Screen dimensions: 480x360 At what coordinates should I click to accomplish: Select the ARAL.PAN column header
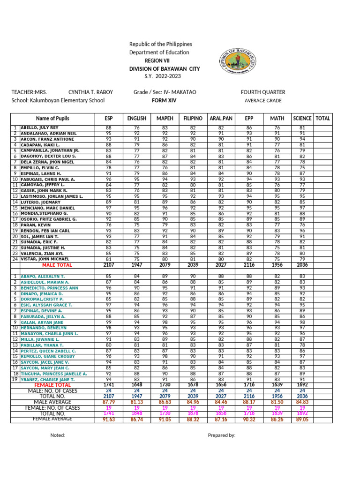[x=220, y=119]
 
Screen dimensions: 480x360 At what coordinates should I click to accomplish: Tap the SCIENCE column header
[x=302, y=119]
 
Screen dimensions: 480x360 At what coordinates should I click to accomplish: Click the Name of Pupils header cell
[x=52, y=119]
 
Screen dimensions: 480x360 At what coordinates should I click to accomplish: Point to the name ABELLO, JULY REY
[x=39, y=127]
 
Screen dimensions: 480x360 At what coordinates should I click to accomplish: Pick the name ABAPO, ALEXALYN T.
[x=43, y=277]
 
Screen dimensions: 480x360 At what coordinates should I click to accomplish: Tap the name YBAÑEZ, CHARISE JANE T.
[x=47, y=380]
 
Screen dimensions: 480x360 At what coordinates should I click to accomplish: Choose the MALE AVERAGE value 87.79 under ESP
[x=109, y=402]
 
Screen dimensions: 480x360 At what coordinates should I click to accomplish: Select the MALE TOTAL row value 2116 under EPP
[x=249, y=265]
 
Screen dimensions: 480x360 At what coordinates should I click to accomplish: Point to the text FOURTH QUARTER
[x=263, y=92]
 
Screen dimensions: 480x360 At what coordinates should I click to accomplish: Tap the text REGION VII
[x=157, y=60]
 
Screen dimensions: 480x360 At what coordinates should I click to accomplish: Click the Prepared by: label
[x=221, y=435]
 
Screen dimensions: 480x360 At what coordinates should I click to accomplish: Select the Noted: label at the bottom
[x=58, y=435]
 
